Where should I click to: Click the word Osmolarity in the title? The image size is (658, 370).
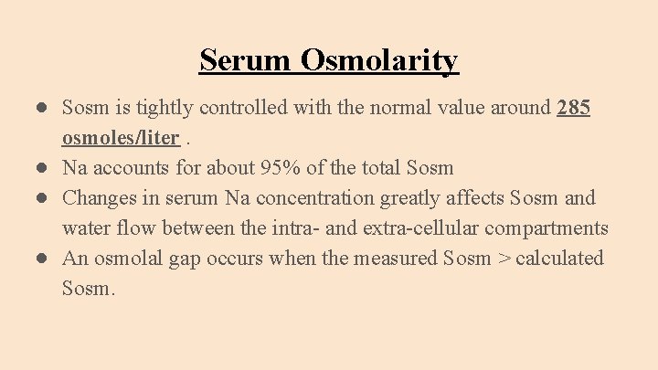[x=379, y=60]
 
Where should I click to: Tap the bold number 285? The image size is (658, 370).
[x=573, y=108]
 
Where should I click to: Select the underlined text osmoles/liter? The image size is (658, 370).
[x=120, y=138]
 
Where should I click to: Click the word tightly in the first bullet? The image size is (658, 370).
[x=167, y=108]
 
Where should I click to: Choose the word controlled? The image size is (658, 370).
[x=246, y=108]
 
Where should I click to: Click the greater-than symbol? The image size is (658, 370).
[x=503, y=259]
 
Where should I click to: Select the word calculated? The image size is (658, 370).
[x=559, y=259]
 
